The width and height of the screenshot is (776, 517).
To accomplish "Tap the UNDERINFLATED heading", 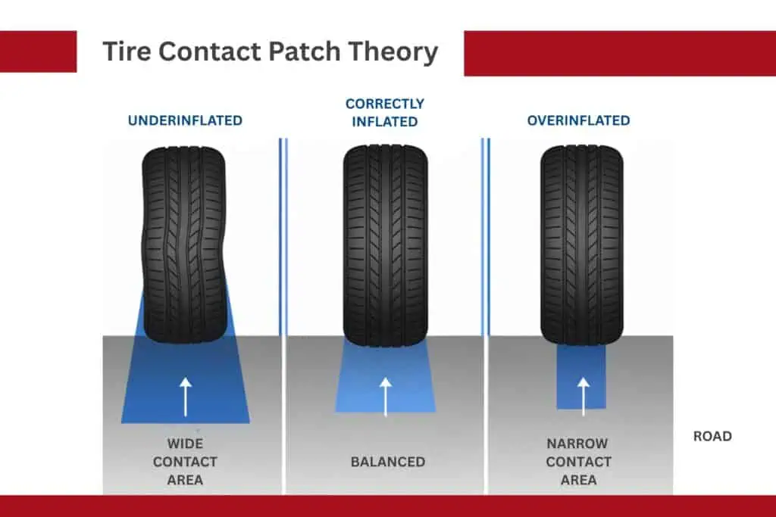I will [x=185, y=120].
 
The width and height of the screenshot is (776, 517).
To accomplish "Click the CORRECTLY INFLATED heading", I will [x=385, y=112].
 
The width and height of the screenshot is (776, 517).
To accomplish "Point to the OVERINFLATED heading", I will [x=579, y=120].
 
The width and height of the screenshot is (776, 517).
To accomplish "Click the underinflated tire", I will [x=184, y=242].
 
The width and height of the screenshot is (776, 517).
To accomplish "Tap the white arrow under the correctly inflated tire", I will [x=385, y=396].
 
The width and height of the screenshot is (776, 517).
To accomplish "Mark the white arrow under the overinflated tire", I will [x=583, y=396].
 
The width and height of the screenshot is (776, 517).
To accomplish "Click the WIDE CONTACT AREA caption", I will [x=185, y=462].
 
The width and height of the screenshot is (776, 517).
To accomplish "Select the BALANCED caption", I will [x=387, y=462].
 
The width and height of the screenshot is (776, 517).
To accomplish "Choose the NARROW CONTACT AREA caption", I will [x=579, y=462].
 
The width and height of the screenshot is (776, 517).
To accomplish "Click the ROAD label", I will [x=712, y=436].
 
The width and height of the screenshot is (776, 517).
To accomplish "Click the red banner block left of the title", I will [x=38, y=51].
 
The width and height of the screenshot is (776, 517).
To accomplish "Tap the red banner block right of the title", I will [x=619, y=53].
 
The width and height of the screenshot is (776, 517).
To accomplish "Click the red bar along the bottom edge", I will [x=388, y=506].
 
